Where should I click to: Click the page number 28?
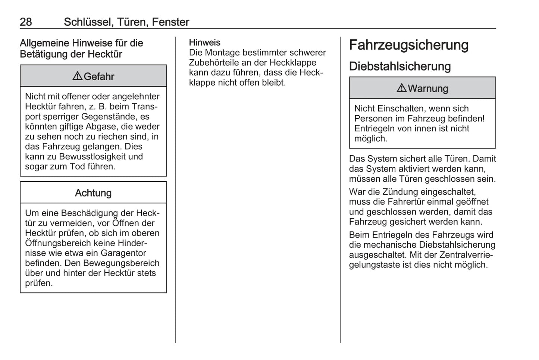26,22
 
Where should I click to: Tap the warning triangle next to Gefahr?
77,76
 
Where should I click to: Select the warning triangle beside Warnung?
401,88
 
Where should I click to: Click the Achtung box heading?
93,193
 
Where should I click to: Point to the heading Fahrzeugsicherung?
408,45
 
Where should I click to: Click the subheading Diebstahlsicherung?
400,66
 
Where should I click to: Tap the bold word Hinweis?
204,43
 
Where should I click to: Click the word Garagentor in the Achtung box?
123,253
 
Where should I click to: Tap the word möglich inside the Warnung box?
370,139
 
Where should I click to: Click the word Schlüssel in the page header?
88,22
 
